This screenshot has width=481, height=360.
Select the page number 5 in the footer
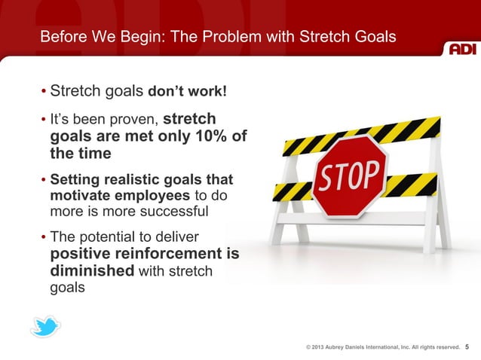tap(467, 347)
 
